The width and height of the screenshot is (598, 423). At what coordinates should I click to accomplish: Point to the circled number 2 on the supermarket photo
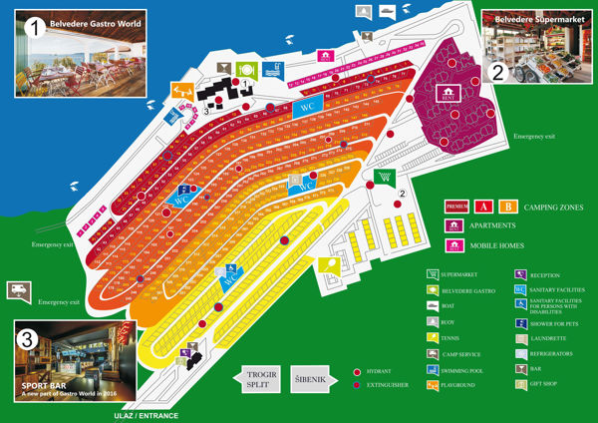pos(496,71)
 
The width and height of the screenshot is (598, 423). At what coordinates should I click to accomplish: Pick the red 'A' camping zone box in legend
pos(484,207)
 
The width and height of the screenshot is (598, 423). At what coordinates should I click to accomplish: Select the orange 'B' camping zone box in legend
pos(507,207)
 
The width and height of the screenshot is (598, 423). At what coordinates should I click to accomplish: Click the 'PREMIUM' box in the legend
pos(456,207)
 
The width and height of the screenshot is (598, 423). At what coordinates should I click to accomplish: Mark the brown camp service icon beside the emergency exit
pos(19,288)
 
